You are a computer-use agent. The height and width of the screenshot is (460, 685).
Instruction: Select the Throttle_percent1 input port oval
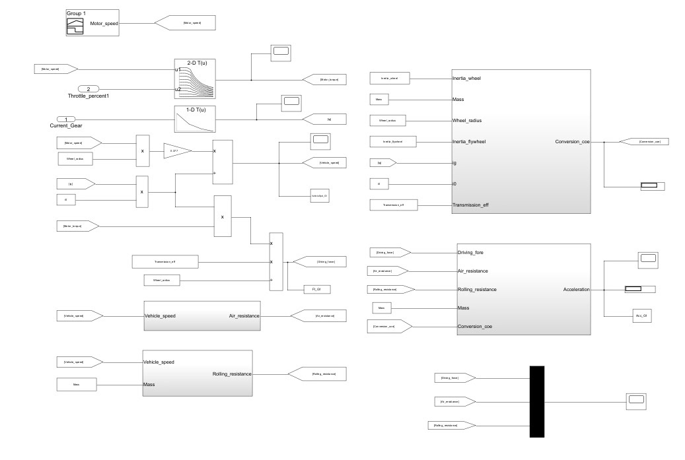[89, 88]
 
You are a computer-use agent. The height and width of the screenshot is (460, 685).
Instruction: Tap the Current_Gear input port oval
[65, 119]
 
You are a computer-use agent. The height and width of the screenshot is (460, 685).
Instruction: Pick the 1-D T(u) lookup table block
[196, 119]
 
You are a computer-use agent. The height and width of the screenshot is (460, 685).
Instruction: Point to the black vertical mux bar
[536, 401]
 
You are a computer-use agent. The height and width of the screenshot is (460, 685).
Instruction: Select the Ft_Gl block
[316, 288]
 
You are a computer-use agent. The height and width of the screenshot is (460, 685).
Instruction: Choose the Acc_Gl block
[639, 317]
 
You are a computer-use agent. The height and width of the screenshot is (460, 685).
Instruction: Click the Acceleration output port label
[576, 289]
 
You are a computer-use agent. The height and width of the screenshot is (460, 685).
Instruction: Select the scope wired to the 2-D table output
[280, 54]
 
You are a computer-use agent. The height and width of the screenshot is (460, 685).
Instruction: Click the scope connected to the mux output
[636, 400]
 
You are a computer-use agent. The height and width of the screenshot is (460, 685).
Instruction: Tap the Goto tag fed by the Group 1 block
[192, 23]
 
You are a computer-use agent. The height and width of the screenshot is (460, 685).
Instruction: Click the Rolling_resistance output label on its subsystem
[232, 374]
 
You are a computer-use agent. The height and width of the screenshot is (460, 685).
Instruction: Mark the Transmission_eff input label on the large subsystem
[474, 205]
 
